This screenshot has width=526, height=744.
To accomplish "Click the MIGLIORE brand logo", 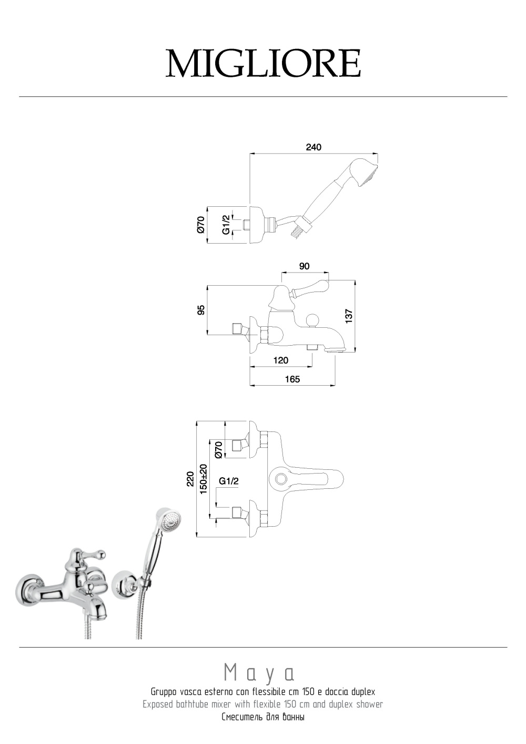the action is click(x=263, y=64).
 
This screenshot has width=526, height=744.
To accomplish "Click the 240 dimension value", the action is click(x=313, y=147).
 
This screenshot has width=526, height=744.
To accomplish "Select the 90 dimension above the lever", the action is click(x=304, y=266).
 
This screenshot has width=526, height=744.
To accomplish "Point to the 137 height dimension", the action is click(x=348, y=316).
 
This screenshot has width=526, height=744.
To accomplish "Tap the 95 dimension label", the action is click(x=201, y=309).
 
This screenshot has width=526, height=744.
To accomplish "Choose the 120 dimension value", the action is click(x=281, y=360).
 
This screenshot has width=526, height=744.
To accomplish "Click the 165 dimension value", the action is click(x=292, y=379).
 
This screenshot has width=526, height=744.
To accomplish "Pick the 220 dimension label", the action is click(x=190, y=479).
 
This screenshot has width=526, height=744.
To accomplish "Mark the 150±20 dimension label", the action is click(x=204, y=479).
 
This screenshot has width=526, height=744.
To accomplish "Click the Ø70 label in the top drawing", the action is click(x=201, y=225).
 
